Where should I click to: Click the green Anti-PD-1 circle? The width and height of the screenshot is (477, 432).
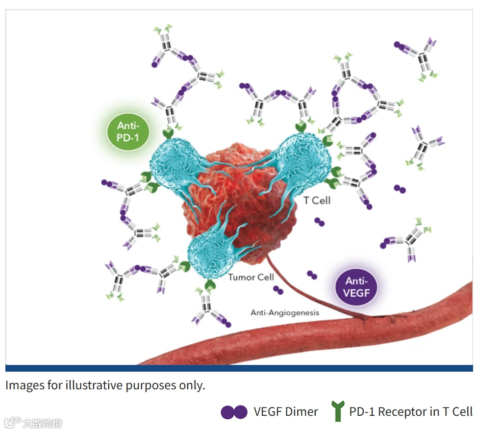(128, 131)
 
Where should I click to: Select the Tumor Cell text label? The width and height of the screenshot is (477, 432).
(251, 278)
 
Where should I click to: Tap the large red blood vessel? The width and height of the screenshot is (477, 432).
(314, 338)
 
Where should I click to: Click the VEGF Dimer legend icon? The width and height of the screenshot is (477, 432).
(234, 412)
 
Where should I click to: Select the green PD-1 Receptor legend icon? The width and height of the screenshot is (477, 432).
(337, 411)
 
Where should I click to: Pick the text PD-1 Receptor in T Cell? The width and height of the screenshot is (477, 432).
(411, 412)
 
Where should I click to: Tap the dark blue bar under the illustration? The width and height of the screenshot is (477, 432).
(239, 368)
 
